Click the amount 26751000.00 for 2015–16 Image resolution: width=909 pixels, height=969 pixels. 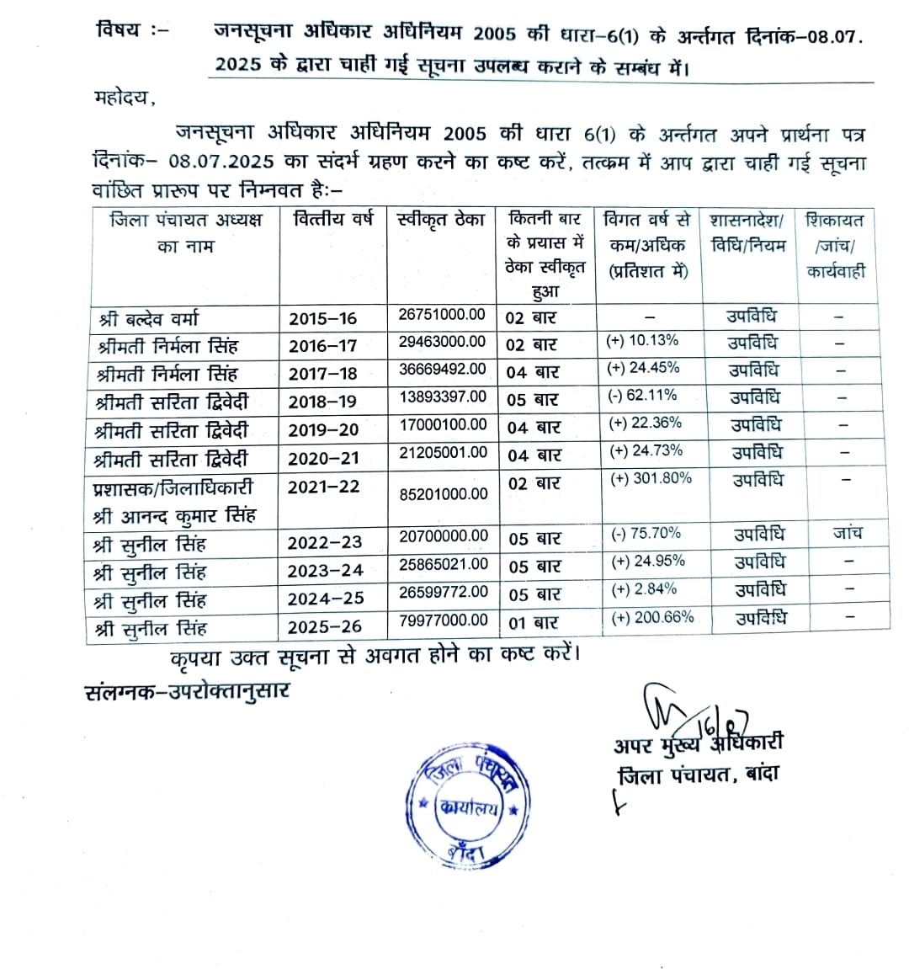coord(442,314)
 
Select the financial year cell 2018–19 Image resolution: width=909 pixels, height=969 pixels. coord(322,402)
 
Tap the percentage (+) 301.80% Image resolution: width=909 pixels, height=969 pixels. coord(651,478)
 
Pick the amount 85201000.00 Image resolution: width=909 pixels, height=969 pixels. coord(444,494)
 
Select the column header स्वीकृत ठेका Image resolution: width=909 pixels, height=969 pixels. coord(441,221)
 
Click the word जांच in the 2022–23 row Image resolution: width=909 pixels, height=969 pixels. coord(847,532)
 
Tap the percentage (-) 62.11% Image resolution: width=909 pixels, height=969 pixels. coord(642,396)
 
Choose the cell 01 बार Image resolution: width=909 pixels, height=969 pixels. coord(533,623)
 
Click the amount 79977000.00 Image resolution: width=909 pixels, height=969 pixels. coord(444,620)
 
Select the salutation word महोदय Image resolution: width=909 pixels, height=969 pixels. coord(125,98)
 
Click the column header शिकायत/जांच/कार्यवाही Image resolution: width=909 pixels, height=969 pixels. coord(835,245)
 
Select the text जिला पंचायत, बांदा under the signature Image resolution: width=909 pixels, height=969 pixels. coord(699,774)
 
